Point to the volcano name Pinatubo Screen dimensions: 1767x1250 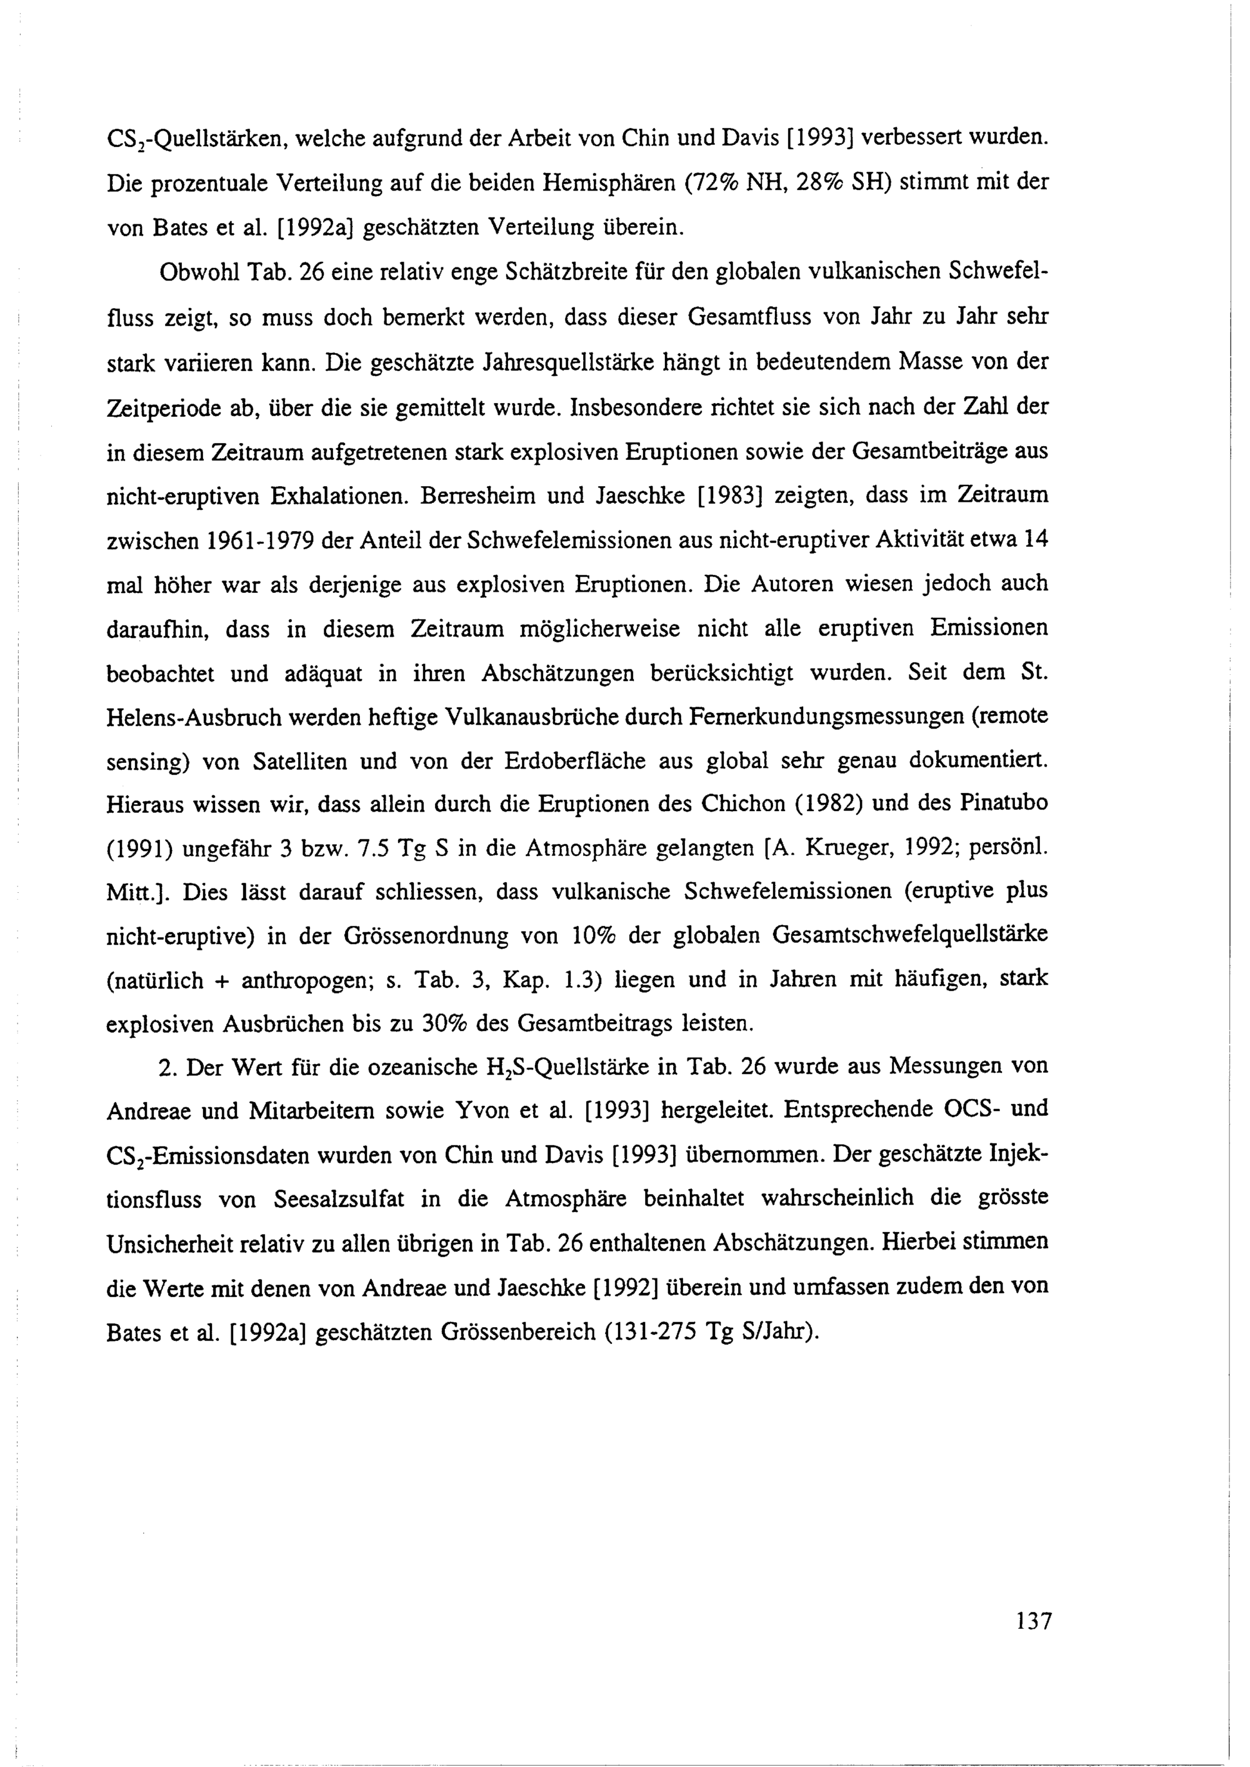click(x=1004, y=803)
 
